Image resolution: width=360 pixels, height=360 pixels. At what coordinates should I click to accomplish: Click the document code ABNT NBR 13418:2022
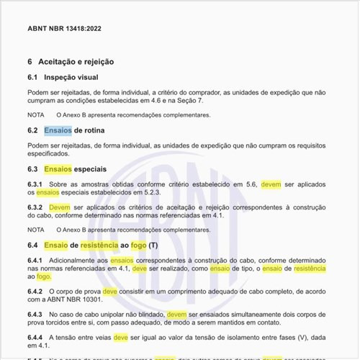(65, 30)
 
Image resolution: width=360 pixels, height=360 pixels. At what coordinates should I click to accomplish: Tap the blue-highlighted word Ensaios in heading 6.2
(58, 130)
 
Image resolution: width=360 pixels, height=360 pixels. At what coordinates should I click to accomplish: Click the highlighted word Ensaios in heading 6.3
(58, 168)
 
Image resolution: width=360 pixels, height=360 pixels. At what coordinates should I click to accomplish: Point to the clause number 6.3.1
(35, 184)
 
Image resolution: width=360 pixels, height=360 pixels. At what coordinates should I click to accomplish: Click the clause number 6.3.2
(35, 207)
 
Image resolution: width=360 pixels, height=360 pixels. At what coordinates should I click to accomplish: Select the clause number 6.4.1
(35, 260)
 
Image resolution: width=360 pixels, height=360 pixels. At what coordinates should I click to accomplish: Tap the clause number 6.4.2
(35, 291)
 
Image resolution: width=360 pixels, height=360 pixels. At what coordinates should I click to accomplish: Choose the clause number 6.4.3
(35, 315)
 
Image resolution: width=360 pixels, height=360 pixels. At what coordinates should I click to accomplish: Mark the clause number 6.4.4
(35, 338)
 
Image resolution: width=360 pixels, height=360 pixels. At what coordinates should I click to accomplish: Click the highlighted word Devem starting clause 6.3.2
(60, 207)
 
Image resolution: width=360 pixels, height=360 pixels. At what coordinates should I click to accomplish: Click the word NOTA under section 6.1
(36, 114)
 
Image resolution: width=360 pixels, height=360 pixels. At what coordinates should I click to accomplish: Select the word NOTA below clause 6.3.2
(36, 229)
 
